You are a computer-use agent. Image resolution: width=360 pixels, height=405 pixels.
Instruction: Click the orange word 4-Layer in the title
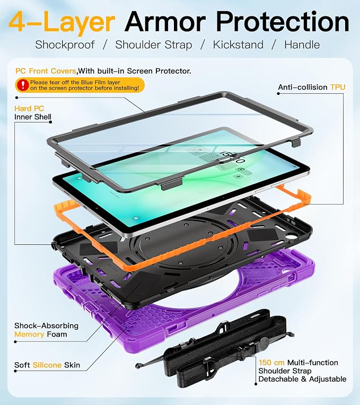tap(62, 22)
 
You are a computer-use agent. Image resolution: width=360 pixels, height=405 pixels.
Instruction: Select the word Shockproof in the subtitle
tap(65, 45)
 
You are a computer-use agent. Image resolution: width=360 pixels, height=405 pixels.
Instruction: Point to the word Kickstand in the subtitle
tap(238, 45)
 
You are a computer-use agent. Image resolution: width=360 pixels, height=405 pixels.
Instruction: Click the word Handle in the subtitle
tap(302, 45)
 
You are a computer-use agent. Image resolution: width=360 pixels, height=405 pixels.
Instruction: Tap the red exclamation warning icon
tap(23, 85)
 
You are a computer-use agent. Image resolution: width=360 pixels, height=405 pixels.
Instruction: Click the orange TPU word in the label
tap(338, 87)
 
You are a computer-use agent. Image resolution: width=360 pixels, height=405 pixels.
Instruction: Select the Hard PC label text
tap(29, 109)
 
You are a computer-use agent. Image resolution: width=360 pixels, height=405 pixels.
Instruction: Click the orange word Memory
tap(29, 334)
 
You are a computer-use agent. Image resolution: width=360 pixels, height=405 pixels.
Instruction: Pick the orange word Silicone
tap(47, 365)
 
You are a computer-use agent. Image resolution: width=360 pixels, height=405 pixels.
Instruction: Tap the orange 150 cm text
tap(271, 363)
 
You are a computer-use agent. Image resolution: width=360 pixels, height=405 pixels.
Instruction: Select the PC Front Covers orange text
tap(46, 71)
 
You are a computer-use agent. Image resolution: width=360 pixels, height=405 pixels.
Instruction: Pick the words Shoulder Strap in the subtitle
tap(154, 45)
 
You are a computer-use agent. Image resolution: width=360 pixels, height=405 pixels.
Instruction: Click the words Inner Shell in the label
tap(33, 117)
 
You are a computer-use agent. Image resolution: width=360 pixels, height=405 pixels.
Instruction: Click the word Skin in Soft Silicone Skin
tap(72, 365)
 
